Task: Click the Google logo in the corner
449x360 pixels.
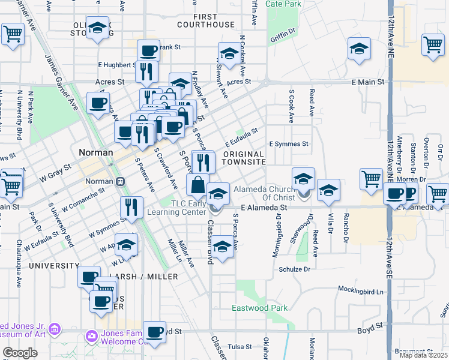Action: click(x=20, y=353)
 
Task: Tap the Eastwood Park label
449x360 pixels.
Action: click(x=260, y=308)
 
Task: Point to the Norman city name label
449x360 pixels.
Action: click(x=96, y=152)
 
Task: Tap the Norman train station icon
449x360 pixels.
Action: click(x=121, y=181)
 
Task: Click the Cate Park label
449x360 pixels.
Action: click(x=283, y=4)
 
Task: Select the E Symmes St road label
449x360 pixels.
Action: click(x=289, y=144)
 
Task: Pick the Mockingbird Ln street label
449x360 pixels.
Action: click(x=360, y=292)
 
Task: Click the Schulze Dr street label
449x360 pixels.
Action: click(x=294, y=269)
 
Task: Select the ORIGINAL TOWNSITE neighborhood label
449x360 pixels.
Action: click(x=244, y=158)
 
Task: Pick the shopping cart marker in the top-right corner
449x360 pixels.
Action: click(x=433, y=44)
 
